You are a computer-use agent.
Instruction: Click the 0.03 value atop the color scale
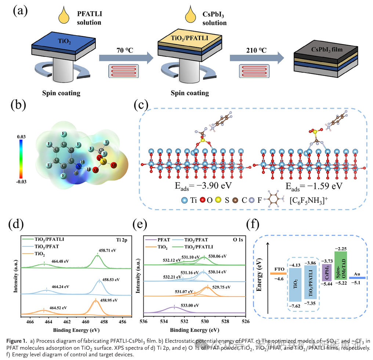(x=21, y=136)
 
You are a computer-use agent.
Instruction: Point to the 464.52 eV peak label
(x=58, y=307)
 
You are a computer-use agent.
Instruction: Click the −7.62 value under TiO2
(x=295, y=305)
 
